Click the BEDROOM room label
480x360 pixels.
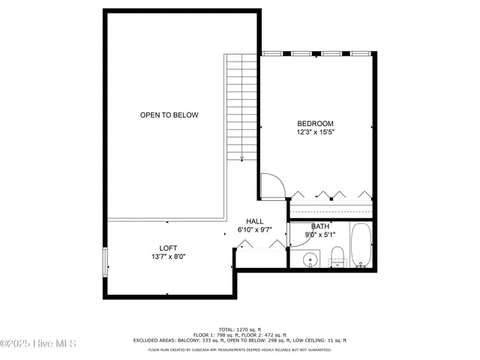(315, 124)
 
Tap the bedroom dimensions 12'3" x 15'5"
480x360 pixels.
(315, 132)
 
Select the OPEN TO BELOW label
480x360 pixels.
(169, 115)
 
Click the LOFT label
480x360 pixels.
(168, 248)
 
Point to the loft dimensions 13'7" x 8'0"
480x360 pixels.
(168, 256)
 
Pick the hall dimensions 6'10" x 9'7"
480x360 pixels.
(254, 229)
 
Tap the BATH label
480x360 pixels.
(320, 226)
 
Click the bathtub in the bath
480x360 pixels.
(361, 244)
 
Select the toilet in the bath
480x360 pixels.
(338, 255)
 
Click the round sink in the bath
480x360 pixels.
(309, 260)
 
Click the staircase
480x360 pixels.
(241, 105)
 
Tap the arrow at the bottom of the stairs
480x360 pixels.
(242, 157)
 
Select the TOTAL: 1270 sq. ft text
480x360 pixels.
(240, 329)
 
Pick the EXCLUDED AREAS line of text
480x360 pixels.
(240, 340)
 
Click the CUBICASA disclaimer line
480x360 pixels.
(240, 349)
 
